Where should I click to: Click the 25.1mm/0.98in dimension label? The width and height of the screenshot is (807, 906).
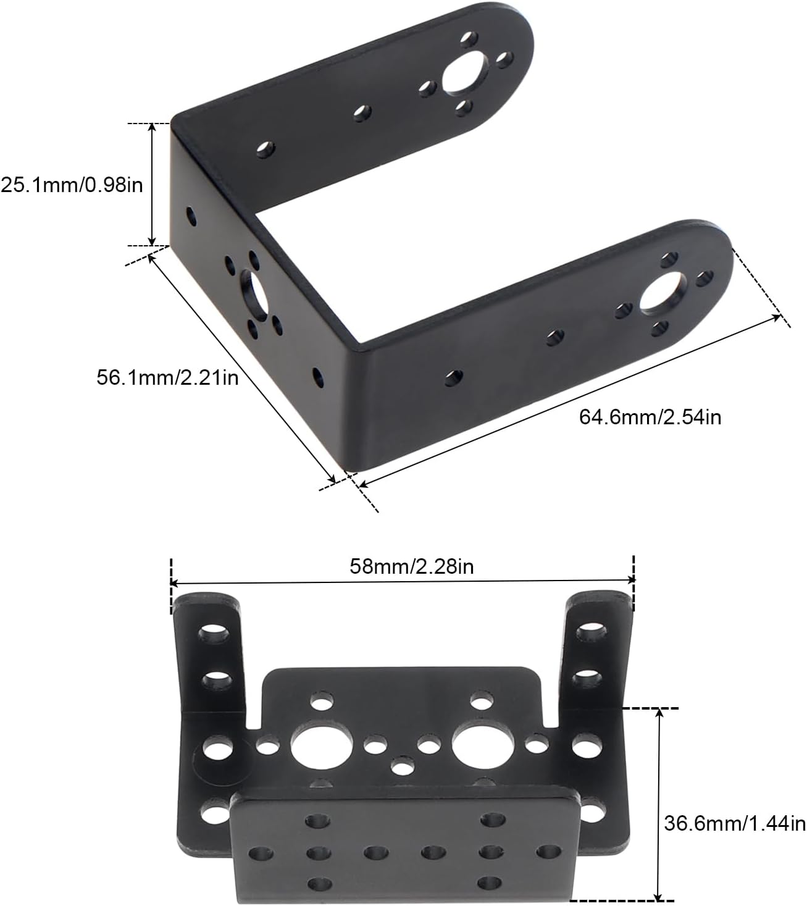click(x=72, y=185)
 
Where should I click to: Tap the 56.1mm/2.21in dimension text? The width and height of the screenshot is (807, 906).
click(x=168, y=377)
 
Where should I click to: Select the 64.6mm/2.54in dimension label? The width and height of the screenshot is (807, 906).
click(x=651, y=417)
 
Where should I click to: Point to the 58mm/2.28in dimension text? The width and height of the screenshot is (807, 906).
click(x=411, y=566)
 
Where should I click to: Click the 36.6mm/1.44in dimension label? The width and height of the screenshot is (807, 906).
click(x=735, y=823)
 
